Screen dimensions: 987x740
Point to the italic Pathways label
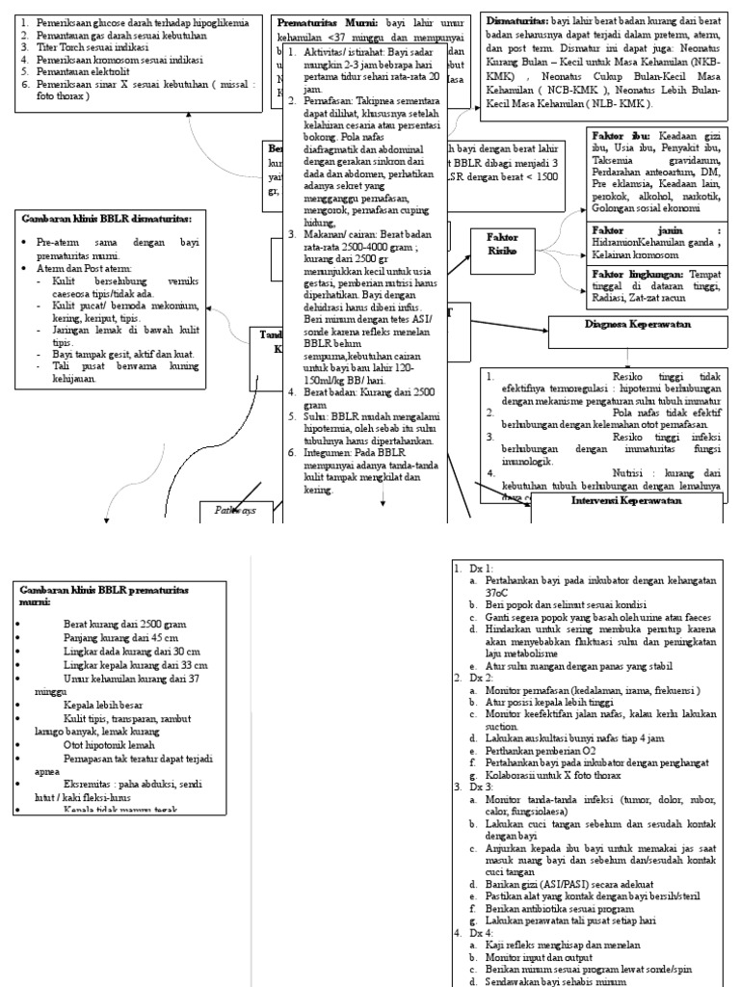234,511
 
